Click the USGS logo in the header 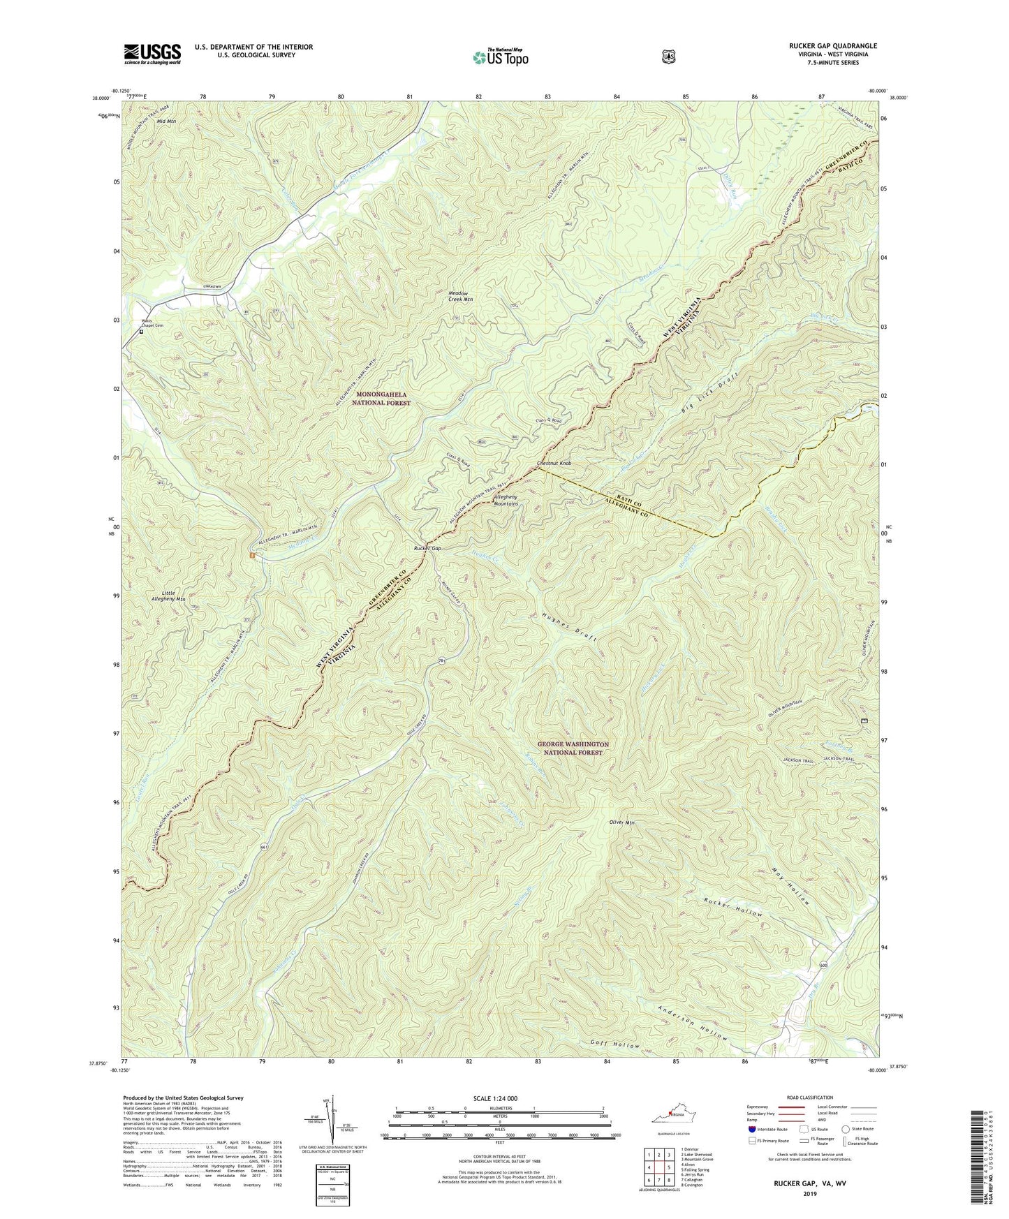point(152,53)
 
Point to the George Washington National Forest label point(573,749)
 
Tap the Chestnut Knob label point(555,464)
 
